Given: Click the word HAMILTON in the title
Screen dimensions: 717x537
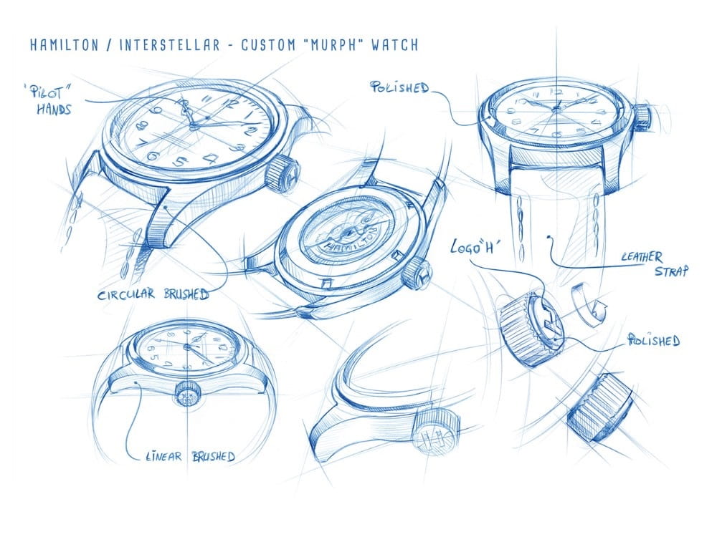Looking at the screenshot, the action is click(64, 44).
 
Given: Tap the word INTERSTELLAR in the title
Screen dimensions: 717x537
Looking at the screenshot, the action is click(169, 44).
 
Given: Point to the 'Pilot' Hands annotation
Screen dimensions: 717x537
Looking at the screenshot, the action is click(49, 99).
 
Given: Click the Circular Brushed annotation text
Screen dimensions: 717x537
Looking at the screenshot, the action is click(153, 294).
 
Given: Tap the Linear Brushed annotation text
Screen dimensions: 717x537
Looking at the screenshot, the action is click(190, 456).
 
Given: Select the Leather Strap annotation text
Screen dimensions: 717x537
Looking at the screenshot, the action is click(655, 264).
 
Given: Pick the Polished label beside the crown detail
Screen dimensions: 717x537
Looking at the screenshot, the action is click(654, 340).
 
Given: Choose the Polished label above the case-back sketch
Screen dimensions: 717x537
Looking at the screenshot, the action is click(399, 87).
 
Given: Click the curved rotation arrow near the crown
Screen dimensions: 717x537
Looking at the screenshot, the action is click(588, 305).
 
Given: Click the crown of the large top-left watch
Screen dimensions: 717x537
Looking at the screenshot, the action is click(281, 173).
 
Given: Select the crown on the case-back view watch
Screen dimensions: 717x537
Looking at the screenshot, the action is click(417, 274).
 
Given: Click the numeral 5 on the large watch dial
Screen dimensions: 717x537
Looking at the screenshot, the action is click(181, 161).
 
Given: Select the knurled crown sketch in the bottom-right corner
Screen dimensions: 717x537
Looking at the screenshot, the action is click(599, 407).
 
